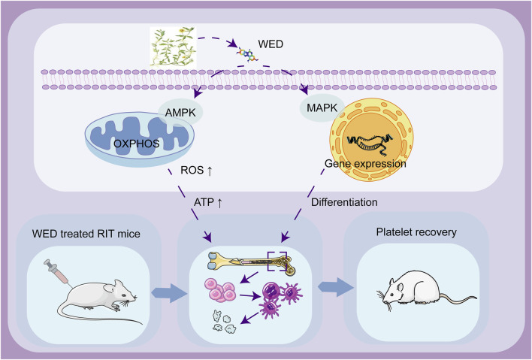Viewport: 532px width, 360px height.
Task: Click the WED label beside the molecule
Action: pyautogui.click(x=271, y=44)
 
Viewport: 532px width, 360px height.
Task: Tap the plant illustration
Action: pyautogui.click(x=173, y=46)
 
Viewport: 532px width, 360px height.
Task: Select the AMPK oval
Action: pyautogui.click(x=180, y=112)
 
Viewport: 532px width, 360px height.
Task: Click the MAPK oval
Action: pyautogui.click(x=322, y=108)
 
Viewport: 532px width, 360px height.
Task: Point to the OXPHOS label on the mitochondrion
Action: pyautogui.click(x=137, y=144)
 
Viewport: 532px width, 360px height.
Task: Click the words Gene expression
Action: pyautogui.click(x=365, y=164)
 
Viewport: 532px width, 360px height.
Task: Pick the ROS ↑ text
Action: pyautogui.click(x=196, y=170)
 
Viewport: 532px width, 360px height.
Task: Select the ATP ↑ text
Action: pyautogui.click(x=208, y=203)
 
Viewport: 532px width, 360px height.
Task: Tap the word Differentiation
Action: pyautogui.click(x=344, y=202)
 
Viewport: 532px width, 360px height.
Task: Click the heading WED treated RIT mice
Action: pyautogui.click(x=86, y=234)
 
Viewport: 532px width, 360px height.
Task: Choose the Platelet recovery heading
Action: pyautogui.click(x=416, y=232)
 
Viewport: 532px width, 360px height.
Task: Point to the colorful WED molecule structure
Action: pyautogui.click(x=248, y=54)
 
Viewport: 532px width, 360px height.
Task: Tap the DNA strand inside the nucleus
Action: pyautogui.click(x=370, y=142)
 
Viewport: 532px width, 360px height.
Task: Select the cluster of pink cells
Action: pyautogui.click(x=220, y=290)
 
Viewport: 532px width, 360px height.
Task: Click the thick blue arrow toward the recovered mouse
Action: pyautogui.click(x=336, y=287)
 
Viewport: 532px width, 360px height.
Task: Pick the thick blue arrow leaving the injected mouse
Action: pyautogui.click(x=169, y=293)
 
